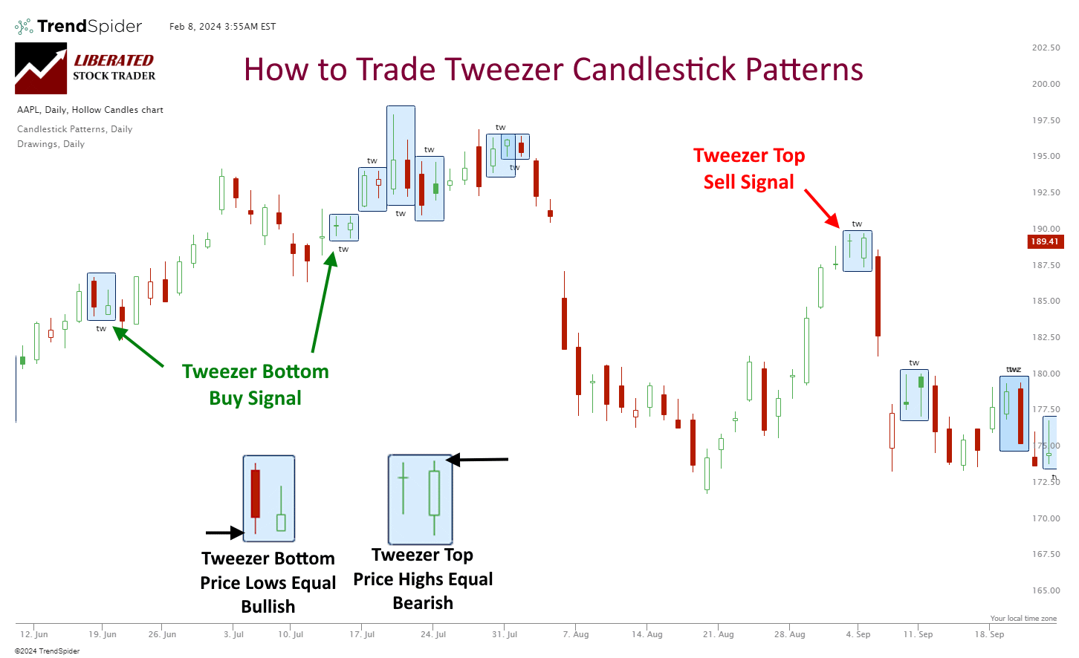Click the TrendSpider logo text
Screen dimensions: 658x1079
[x=89, y=27]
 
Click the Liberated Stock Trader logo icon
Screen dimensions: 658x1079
[x=41, y=68]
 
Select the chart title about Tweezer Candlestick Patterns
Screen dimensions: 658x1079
[x=553, y=70]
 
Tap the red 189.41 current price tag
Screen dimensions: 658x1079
[x=1044, y=241]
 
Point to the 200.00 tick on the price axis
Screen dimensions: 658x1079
[x=1046, y=84]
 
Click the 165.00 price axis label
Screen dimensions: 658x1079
[x=1046, y=590]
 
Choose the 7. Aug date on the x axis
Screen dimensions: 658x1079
[x=576, y=634]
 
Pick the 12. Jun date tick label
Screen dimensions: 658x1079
[x=34, y=634]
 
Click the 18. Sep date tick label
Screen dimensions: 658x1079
[x=990, y=634]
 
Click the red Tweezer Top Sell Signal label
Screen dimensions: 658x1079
[x=749, y=169]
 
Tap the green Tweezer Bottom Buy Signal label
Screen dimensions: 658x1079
[x=255, y=385]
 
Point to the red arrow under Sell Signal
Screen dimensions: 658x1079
[x=821, y=207]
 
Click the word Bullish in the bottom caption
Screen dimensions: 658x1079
[x=268, y=607]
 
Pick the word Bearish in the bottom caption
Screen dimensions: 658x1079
[x=423, y=603]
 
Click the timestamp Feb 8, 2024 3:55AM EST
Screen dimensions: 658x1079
[x=222, y=27]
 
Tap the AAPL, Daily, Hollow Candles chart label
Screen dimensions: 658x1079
[x=90, y=110]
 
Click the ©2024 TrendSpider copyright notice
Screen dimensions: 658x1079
[x=47, y=651]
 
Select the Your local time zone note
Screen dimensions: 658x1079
[x=1023, y=619]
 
